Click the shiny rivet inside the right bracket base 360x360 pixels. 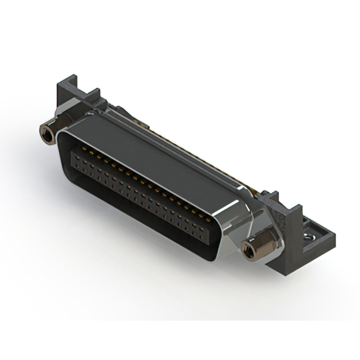point(308,238)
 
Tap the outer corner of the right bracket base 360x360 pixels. point(332,239)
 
